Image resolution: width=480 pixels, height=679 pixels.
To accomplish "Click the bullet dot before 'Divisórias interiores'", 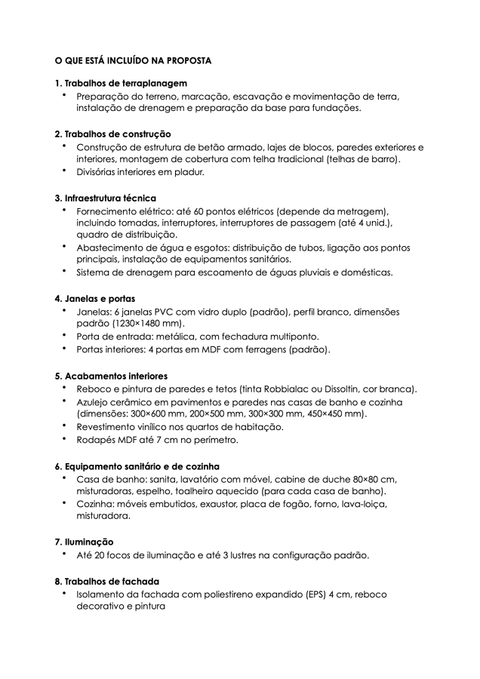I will (65, 171).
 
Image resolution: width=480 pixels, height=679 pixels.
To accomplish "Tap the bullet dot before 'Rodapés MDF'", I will (65, 439).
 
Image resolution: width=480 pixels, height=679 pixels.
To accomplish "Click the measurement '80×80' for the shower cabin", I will (366, 479).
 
